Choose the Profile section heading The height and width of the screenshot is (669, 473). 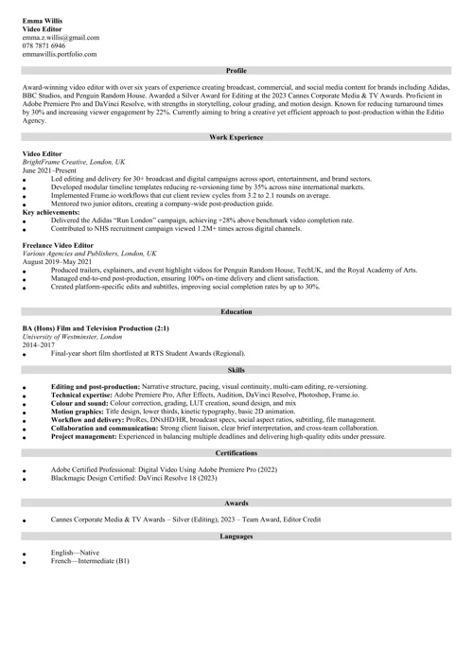[x=236, y=71]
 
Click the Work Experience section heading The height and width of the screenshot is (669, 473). [x=236, y=137]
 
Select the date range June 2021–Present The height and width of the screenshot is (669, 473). [x=52, y=170]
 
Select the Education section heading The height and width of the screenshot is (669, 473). [x=236, y=311]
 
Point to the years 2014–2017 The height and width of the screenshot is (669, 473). [x=42, y=344]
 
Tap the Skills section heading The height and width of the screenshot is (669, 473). [x=236, y=371]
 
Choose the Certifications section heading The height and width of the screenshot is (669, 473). [x=236, y=454]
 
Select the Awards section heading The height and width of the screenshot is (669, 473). [x=236, y=503]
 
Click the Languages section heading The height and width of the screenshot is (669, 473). [x=236, y=537]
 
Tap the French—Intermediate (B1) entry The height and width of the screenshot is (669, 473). [x=89, y=561]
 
